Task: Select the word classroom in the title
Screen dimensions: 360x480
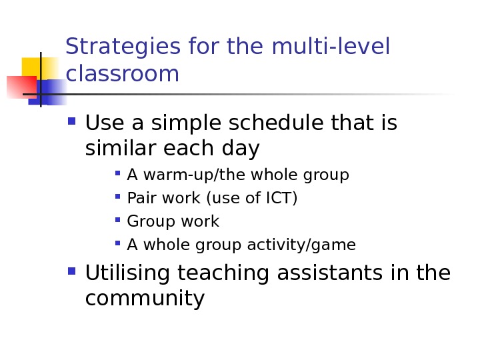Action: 123,74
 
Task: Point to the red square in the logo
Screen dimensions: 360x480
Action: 19,87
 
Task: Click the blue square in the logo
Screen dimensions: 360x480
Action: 51,91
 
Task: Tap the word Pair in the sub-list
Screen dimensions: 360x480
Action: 139,199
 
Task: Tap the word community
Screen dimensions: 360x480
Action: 145,299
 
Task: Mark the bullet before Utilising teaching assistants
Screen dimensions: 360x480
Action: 72,272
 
